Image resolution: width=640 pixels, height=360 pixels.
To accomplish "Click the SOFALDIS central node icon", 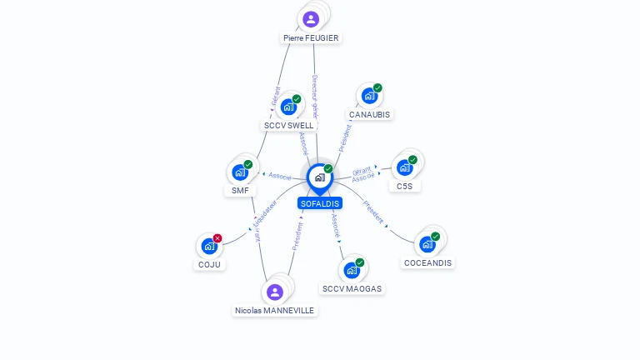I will tap(319, 177).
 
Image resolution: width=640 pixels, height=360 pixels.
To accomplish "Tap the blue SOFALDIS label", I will tap(320, 203).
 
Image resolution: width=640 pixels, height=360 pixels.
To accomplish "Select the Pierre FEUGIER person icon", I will tap(311, 19).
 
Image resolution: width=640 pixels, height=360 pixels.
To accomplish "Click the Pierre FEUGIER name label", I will tap(311, 38).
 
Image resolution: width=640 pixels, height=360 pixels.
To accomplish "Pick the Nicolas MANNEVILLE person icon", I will tap(275, 292).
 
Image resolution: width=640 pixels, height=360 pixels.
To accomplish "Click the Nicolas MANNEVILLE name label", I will tap(274, 311).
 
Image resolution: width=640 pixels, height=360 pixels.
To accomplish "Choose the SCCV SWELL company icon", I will tap(288, 107).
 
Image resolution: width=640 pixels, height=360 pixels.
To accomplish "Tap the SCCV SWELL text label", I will tap(289, 126).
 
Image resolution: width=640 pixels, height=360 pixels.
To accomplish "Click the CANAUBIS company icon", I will tap(369, 96).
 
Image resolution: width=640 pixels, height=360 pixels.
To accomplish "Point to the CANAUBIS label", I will tap(369, 115).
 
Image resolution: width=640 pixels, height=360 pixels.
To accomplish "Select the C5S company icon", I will tap(404, 167).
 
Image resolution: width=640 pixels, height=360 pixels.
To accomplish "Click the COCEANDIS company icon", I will tap(427, 243).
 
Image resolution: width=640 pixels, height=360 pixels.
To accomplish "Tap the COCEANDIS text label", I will tap(427, 263).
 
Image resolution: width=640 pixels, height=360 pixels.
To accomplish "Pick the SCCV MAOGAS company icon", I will tap(352, 270).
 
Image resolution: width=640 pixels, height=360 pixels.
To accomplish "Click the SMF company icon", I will tap(240, 172).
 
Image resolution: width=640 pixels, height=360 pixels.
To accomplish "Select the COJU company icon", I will tap(209, 246).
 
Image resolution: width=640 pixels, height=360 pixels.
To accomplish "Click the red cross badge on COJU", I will tap(217, 238).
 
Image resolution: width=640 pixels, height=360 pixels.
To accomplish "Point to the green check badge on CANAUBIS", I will tap(377, 88).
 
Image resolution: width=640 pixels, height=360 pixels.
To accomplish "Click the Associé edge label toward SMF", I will tap(280, 176).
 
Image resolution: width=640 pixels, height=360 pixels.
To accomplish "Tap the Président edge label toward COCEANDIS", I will tap(373, 213).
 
